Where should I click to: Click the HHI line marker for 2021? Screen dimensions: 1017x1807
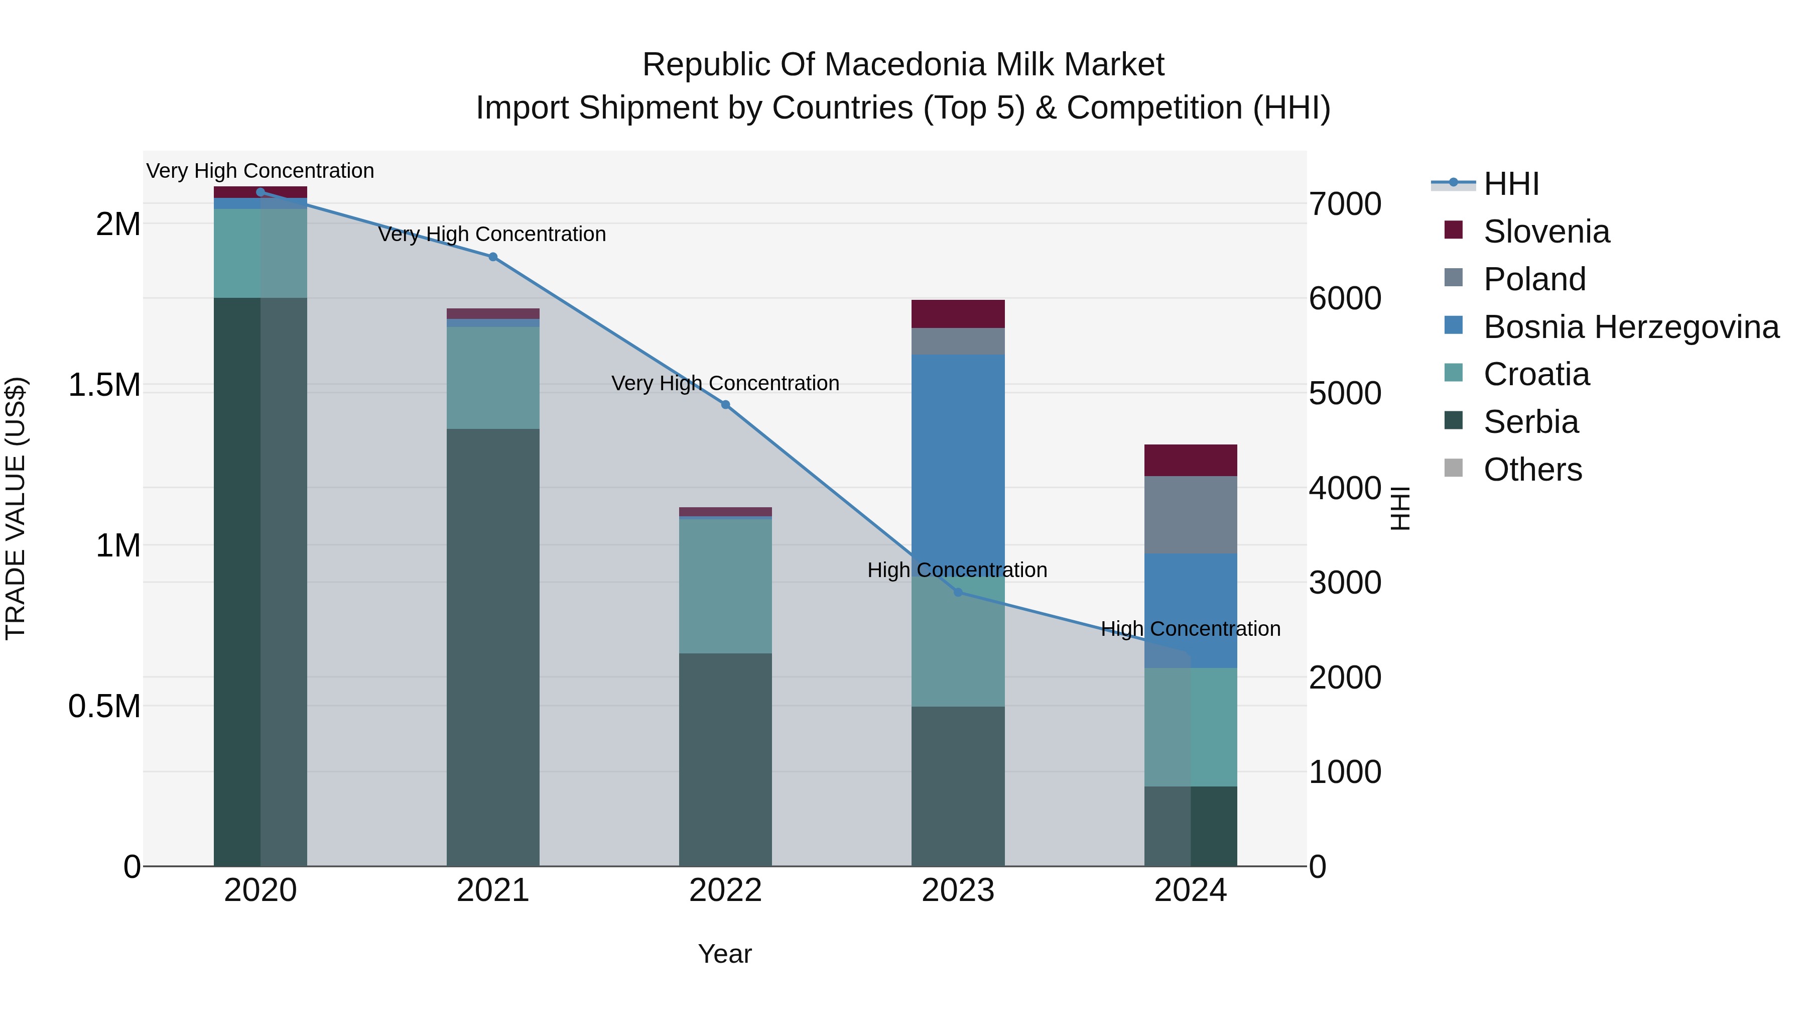(x=492, y=257)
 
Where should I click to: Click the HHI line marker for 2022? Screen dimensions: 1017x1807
(x=725, y=405)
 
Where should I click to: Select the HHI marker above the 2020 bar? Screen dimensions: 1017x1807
(x=260, y=192)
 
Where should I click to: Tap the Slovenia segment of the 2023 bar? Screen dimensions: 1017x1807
(x=958, y=314)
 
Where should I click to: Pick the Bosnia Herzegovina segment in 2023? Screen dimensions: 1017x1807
(x=958, y=456)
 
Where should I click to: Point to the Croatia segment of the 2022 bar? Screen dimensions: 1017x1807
(x=725, y=586)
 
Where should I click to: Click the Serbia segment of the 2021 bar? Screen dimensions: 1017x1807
(x=492, y=646)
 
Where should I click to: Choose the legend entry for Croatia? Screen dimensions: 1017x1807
(x=1536, y=374)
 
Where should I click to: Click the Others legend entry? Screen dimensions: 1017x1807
(x=1533, y=469)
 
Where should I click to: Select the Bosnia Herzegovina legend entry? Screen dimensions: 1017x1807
(x=1631, y=327)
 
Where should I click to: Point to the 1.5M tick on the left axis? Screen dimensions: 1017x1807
(x=104, y=385)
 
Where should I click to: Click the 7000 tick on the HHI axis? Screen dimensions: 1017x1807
(x=1345, y=204)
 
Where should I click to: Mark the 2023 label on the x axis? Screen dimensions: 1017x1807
(x=958, y=890)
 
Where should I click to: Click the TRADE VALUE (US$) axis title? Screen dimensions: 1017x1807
(x=16, y=508)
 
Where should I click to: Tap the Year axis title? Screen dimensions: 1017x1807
(x=725, y=954)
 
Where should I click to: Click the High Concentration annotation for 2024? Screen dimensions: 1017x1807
(x=1191, y=629)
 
